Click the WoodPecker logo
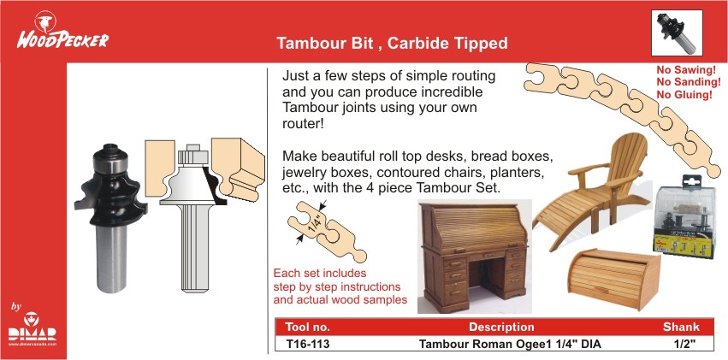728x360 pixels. (x=62, y=30)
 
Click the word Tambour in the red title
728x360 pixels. (x=305, y=43)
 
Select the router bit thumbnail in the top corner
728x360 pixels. (x=677, y=32)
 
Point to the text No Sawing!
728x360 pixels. (x=686, y=70)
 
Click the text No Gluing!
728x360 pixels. (x=684, y=95)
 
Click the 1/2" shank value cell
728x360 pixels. (x=681, y=345)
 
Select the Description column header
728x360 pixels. (x=501, y=327)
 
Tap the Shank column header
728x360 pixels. (x=681, y=327)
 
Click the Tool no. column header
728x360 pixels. (x=307, y=327)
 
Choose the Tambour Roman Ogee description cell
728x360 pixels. (x=510, y=345)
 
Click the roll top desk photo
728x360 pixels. (x=475, y=256)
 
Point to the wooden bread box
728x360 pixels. (x=613, y=278)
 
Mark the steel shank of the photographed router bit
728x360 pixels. (x=111, y=258)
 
